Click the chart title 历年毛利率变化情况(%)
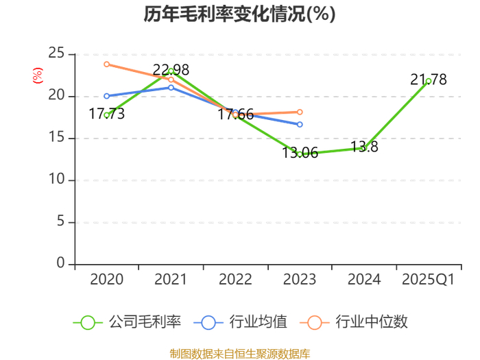(240, 14)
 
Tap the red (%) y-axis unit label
(38, 75)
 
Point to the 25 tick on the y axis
(56, 53)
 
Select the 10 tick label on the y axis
(56, 179)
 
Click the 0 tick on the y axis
(60, 263)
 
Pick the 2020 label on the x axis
(106, 279)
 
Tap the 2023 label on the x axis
(300, 279)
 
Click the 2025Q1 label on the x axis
(429, 279)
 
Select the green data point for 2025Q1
(429, 81)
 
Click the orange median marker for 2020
(106, 64)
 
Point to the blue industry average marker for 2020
(106, 96)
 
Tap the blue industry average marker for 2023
(300, 124)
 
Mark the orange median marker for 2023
(300, 112)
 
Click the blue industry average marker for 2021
(171, 88)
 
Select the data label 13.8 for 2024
(364, 147)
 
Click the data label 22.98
(171, 70)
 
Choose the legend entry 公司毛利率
(127, 322)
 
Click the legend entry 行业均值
(241, 322)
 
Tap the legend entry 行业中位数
(354, 322)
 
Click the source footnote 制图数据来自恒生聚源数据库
(240, 354)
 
